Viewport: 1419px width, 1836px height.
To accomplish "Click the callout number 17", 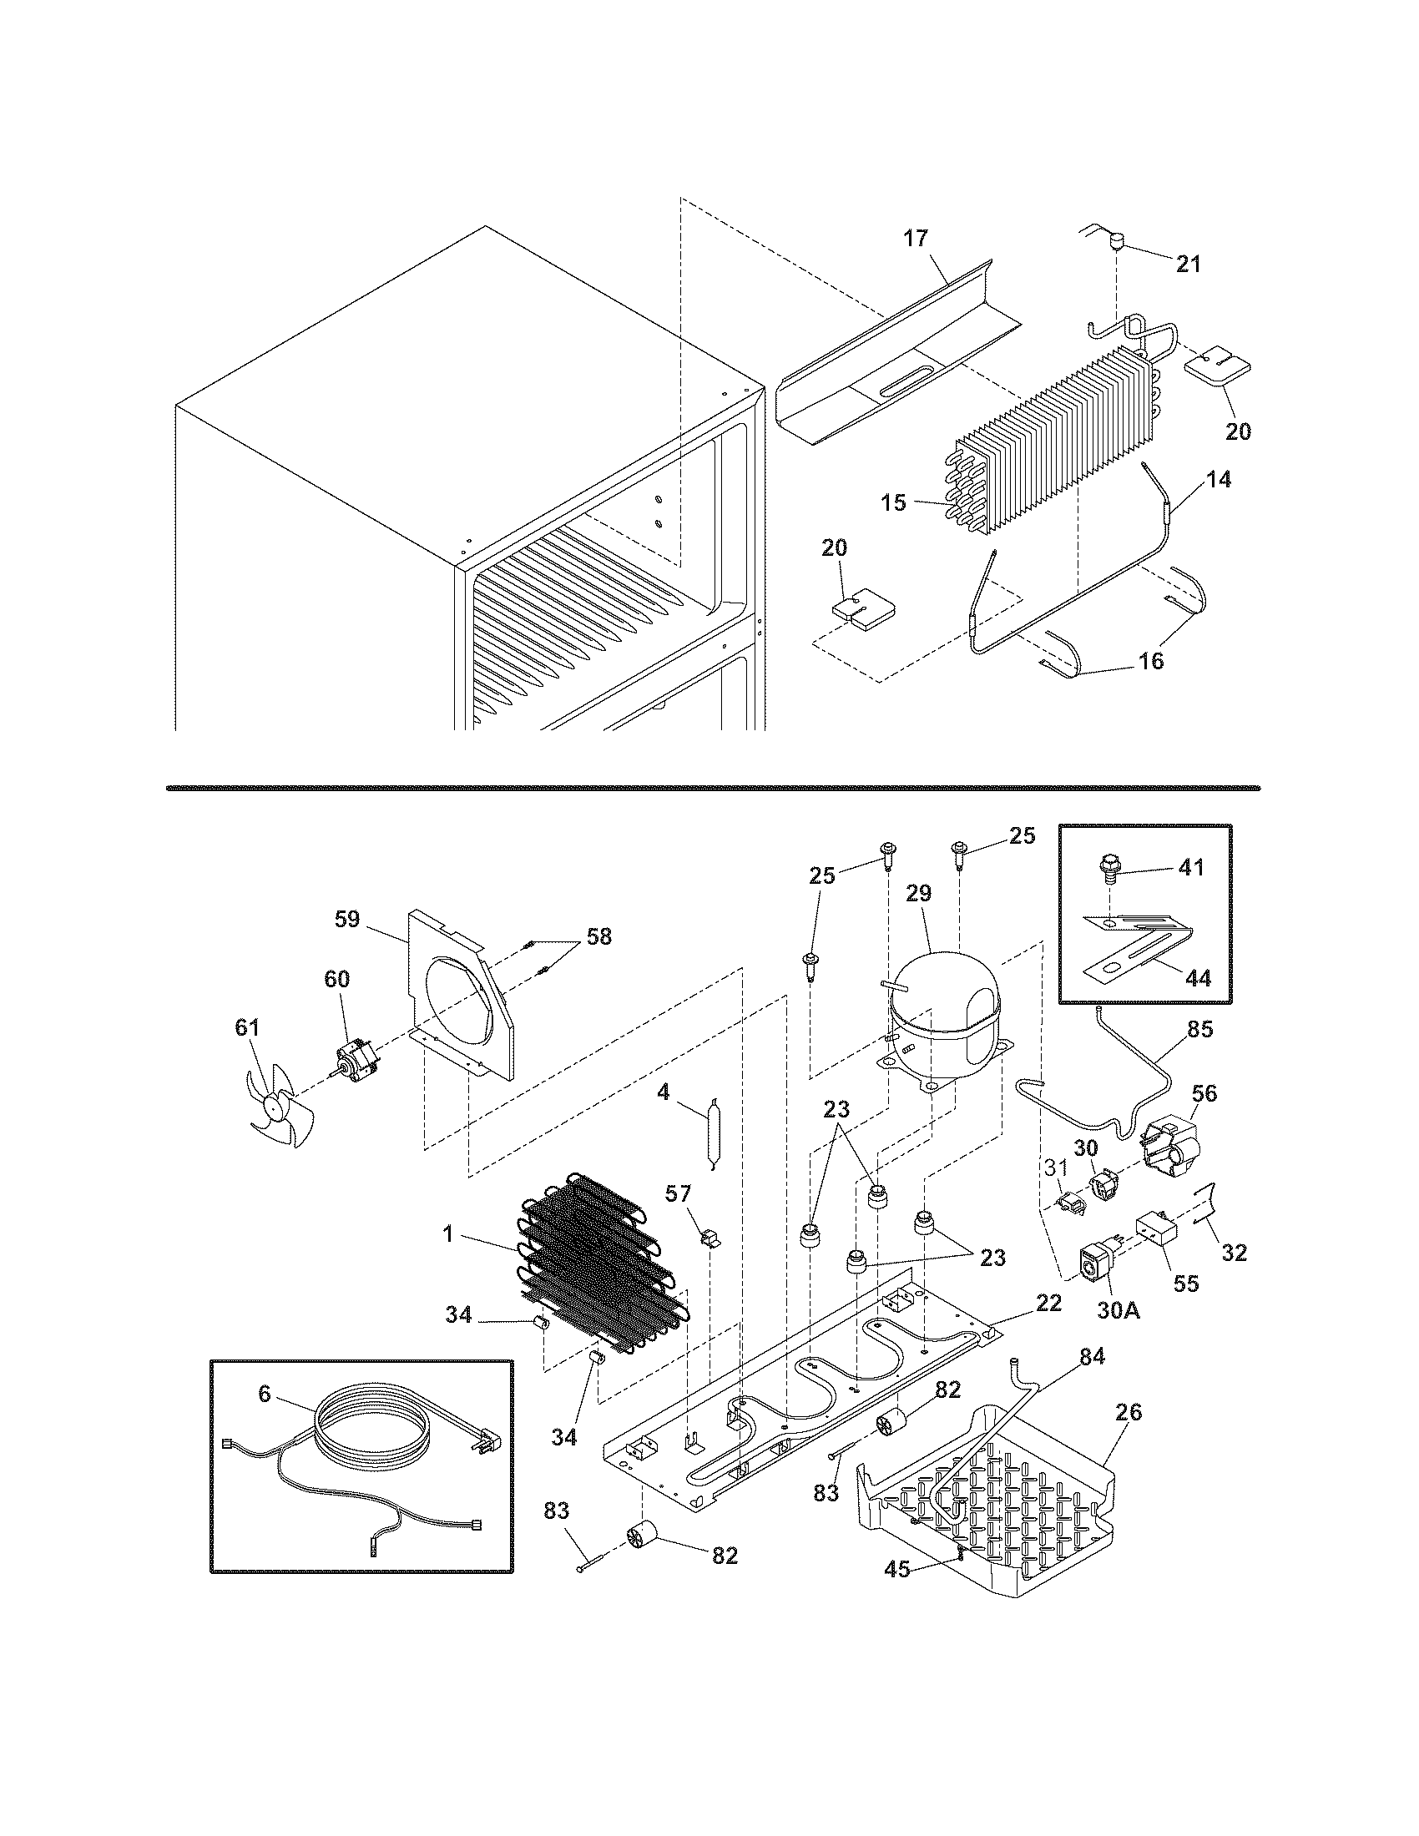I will (x=916, y=239).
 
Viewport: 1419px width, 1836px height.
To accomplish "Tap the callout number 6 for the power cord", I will (x=265, y=1394).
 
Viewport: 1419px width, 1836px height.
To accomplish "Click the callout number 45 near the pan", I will (x=897, y=1569).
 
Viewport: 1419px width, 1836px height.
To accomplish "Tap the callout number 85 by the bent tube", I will (x=1199, y=1029).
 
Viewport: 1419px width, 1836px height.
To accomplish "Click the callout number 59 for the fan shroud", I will (x=347, y=919).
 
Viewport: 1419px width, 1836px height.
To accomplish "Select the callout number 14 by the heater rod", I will (x=1219, y=479).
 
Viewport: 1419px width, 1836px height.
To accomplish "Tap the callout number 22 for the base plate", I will (x=1049, y=1303).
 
